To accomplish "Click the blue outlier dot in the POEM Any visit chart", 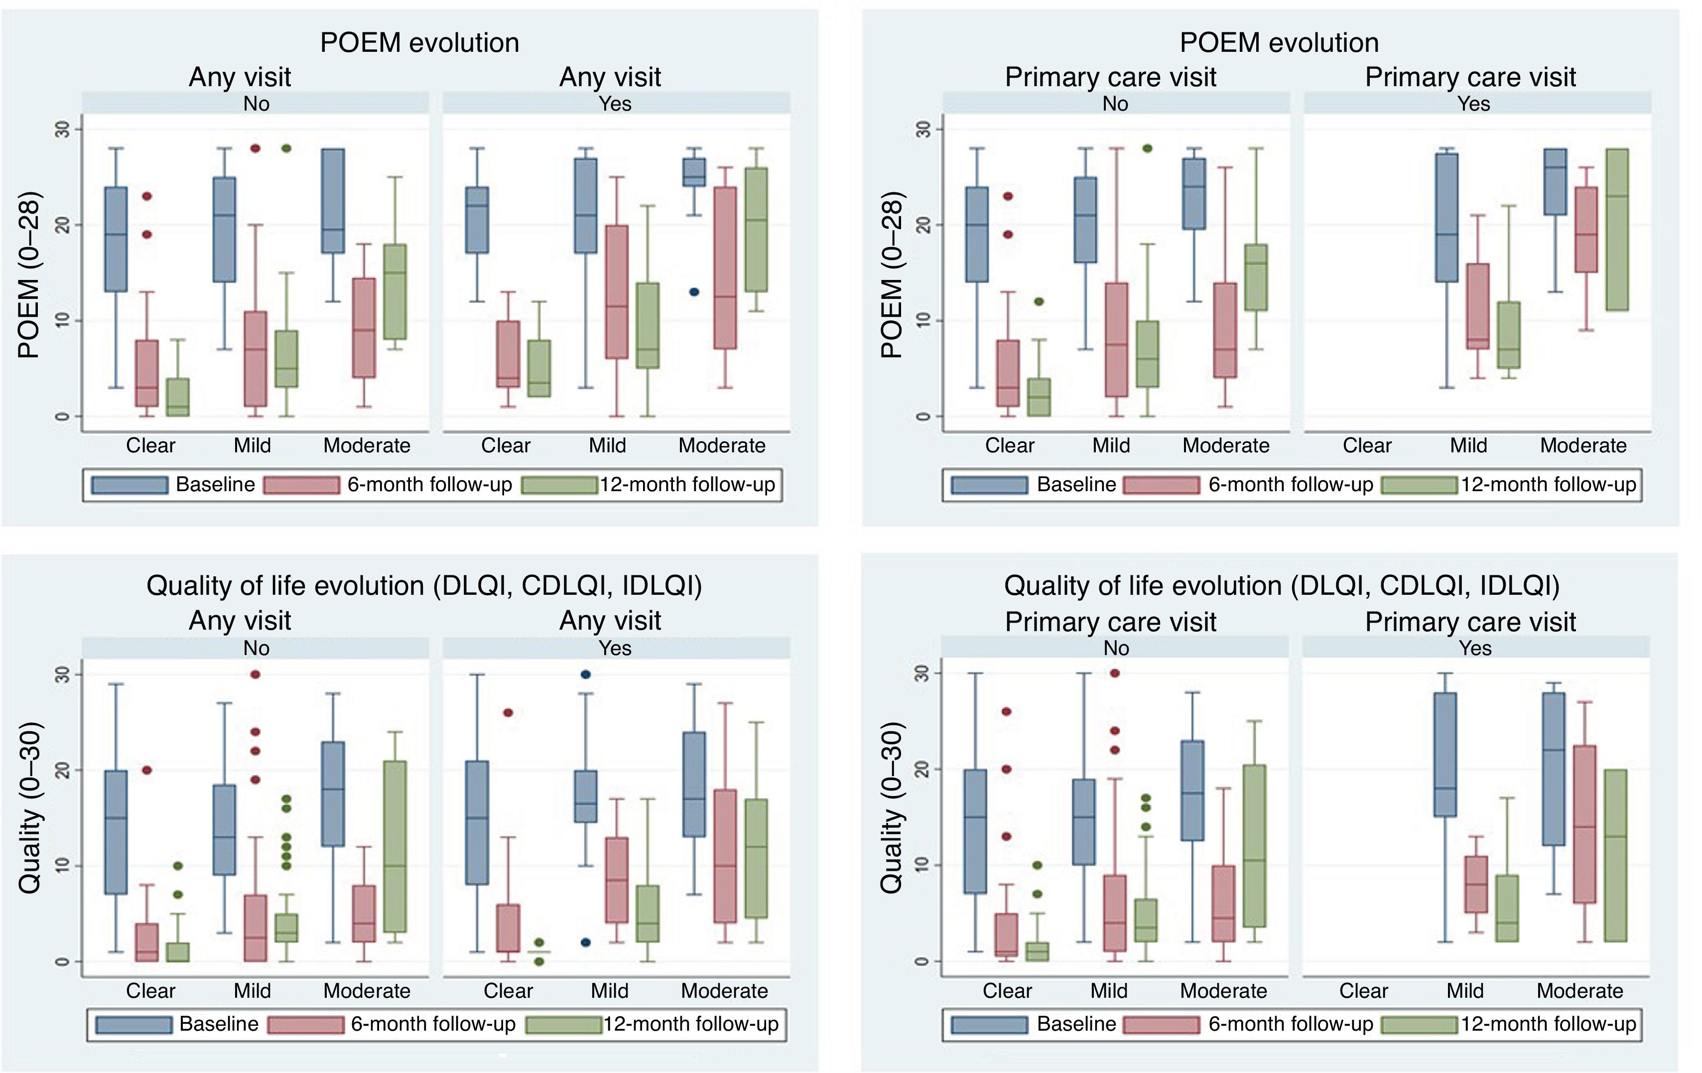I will click(x=694, y=292).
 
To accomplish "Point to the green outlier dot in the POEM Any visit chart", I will click(x=287, y=148).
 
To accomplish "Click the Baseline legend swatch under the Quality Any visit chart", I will click(x=133, y=1024).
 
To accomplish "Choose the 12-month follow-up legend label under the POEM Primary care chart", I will click(x=1549, y=485).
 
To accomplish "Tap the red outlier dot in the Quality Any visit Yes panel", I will click(x=508, y=712).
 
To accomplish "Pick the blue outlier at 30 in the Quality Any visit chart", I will click(x=585, y=674).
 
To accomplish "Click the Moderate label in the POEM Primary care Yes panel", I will click(x=1583, y=446).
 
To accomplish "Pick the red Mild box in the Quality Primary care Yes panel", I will click(x=1476, y=884).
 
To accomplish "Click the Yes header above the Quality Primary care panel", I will click(x=1475, y=648).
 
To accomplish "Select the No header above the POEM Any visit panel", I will click(x=256, y=104).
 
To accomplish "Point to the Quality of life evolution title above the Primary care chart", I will click(x=1282, y=586).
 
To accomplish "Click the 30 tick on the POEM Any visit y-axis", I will click(x=64, y=130).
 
